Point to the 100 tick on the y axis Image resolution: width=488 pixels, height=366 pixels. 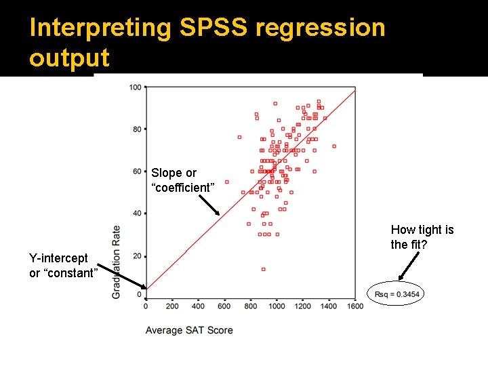pos(136,87)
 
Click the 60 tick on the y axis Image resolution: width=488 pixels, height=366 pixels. pos(137,171)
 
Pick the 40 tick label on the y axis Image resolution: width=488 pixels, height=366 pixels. pos(137,213)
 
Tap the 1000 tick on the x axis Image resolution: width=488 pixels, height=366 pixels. pos(277,306)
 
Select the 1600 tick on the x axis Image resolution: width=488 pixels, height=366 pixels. pos(355,306)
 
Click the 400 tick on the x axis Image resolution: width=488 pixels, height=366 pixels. pos(198,306)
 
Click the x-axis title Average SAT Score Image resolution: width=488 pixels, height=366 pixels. pos(189,330)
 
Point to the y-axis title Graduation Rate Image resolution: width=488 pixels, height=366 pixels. pos(117,261)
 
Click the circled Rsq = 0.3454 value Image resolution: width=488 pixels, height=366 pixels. pos(397,293)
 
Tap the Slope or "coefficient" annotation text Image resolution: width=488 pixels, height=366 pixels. pos(182,180)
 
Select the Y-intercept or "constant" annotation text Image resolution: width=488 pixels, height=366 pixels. pos(63,265)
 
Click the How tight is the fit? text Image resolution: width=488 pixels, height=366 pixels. pos(422,237)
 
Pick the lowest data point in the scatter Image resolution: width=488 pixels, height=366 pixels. pos(263,269)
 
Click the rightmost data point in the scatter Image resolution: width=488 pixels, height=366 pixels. pos(333,146)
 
